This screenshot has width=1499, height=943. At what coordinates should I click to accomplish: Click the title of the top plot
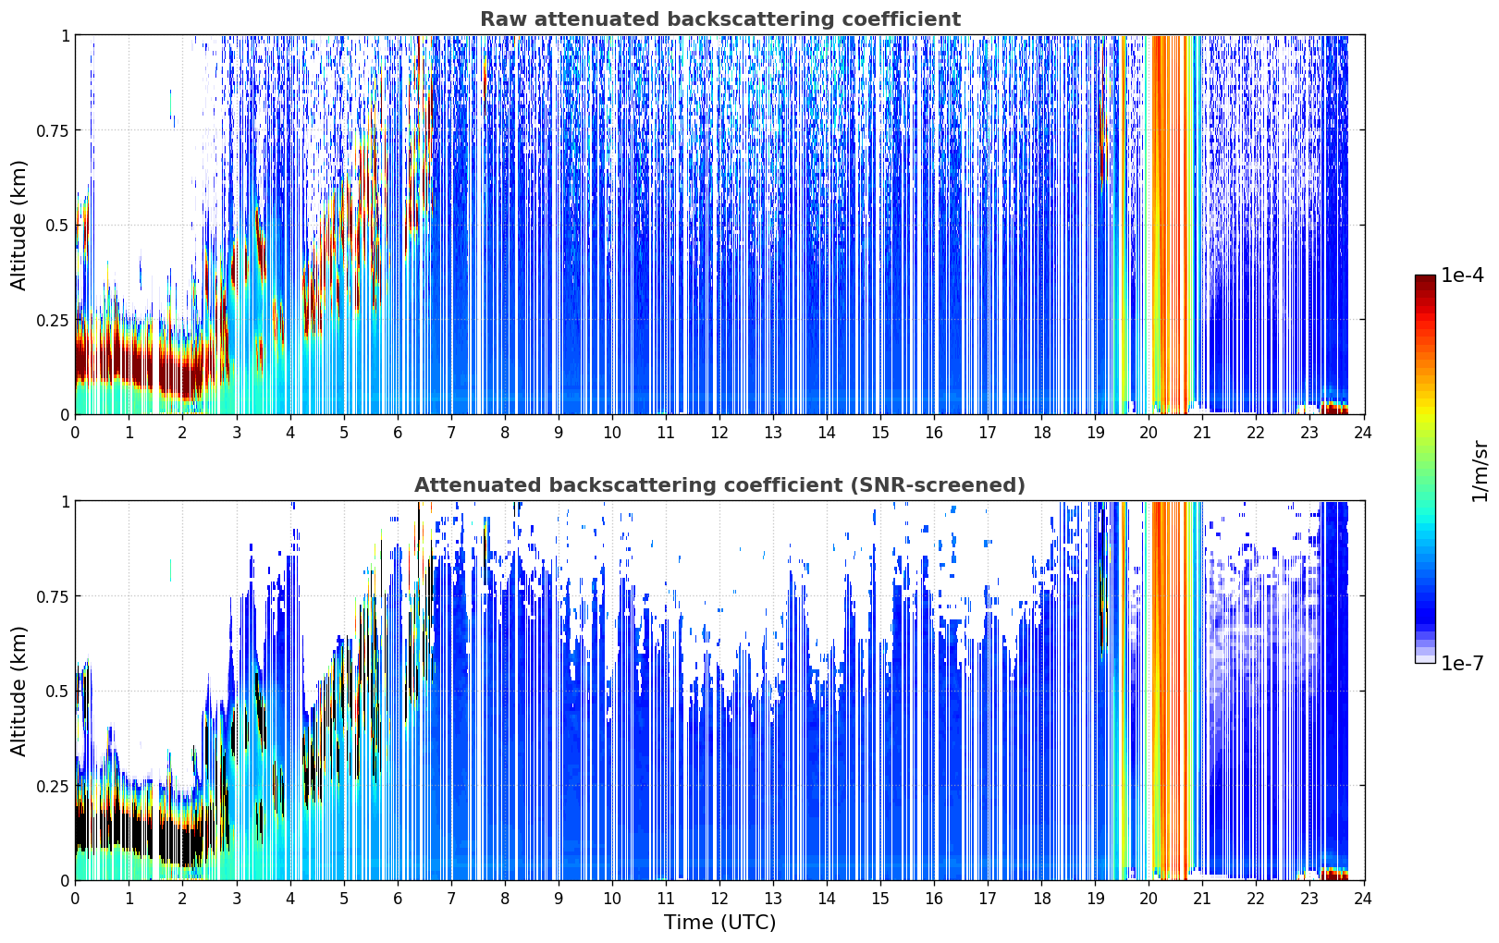click(x=720, y=18)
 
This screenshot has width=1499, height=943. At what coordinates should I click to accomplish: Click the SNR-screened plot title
click(x=719, y=484)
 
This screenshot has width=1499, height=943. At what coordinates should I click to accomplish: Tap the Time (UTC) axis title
click(x=719, y=923)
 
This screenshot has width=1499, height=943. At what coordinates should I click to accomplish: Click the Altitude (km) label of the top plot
click(x=18, y=225)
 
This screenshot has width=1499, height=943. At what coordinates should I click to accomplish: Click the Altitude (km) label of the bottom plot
click(x=18, y=691)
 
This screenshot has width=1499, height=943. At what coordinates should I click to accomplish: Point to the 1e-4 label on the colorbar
click(x=1462, y=275)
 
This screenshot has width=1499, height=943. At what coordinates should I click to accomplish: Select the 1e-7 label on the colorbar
click(x=1462, y=663)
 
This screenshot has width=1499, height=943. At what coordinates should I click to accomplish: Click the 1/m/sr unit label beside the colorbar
click(x=1480, y=471)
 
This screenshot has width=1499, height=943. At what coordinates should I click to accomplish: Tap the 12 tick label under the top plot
click(x=719, y=433)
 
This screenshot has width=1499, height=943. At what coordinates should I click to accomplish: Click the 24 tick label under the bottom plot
click(x=1363, y=899)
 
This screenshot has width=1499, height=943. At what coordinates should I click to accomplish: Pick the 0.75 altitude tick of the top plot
click(x=52, y=130)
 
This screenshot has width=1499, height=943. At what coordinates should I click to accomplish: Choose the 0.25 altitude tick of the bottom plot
click(x=52, y=786)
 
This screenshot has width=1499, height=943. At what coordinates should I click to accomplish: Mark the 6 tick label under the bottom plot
click(x=398, y=899)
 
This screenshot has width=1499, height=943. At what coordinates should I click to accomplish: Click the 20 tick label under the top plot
click(x=1149, y=433)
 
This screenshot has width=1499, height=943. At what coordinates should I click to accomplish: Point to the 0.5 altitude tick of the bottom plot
click(x=56, y=691)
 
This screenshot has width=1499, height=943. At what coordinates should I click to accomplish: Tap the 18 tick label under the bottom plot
click(x=1041, y=899)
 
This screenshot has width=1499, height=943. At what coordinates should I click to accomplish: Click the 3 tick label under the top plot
click(x=236, y=433)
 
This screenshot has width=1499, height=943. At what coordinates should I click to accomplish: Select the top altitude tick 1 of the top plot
click(x=66, y=35)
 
